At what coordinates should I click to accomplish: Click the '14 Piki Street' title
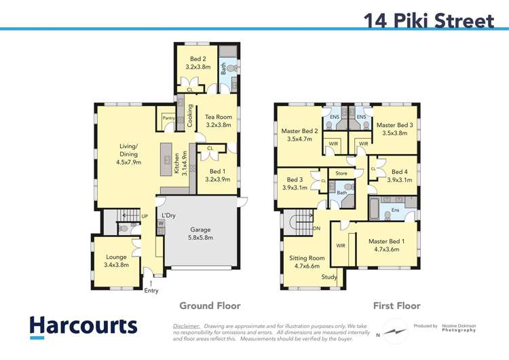pos(429,20)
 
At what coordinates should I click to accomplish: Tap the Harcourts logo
pos(83,326)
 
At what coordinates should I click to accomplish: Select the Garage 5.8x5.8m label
pos(201,234)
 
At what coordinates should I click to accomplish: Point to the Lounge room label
pos(116,261)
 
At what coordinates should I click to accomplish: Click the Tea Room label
pos(219,121)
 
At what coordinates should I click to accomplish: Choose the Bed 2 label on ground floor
pos(199,63)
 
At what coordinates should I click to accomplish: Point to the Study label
pos(329,277)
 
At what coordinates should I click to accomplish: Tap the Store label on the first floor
pos(341,174)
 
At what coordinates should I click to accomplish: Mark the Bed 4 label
pos(400,176)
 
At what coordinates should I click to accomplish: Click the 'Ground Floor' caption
pos(209,306)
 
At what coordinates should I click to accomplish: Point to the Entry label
pos(151,291)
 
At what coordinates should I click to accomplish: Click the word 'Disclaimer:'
pos(189,325)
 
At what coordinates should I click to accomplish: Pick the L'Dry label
pos(169,215)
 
